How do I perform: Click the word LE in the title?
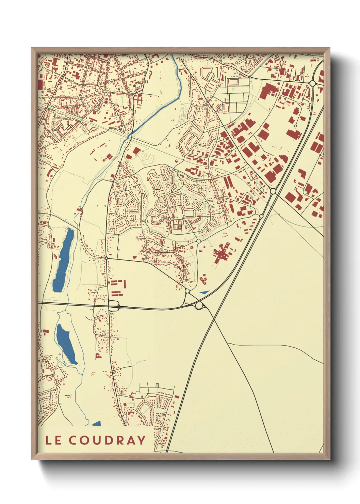point(53,440)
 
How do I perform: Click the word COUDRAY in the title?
point(107,440)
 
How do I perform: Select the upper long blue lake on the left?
point(64,261)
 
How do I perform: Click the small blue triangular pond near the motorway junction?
point(204,292)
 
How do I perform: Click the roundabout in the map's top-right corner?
point(312,83)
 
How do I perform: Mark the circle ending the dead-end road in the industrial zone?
point(295,126)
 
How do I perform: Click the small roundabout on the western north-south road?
point(107,258)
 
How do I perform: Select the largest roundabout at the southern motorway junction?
point(199,306)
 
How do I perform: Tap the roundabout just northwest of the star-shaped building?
point(198,241)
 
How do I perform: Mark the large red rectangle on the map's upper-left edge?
point(40,84)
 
